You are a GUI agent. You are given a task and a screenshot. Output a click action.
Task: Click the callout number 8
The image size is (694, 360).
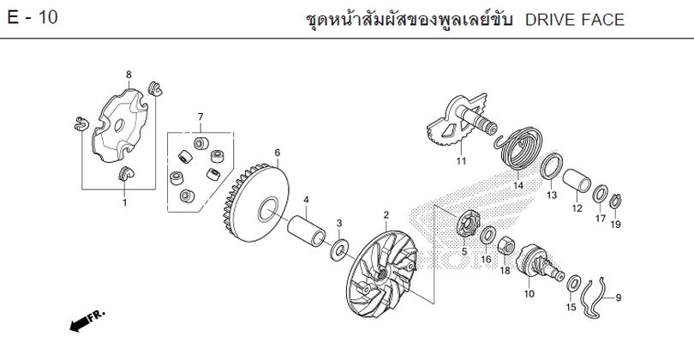point(129,75)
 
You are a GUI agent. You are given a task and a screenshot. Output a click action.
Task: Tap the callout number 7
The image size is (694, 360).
point(200,117)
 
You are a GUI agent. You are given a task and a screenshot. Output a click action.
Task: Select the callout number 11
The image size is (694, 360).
point(462,161)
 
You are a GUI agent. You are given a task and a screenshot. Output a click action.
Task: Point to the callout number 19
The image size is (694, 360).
point(616,225)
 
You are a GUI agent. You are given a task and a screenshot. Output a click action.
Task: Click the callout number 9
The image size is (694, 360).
point(619,297)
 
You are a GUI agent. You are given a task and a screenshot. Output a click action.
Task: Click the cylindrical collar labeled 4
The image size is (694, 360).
point(307,231)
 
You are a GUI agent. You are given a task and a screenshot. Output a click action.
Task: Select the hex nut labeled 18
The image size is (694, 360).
point(506,245)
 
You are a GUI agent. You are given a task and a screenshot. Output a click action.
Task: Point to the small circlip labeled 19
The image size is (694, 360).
point(616,201)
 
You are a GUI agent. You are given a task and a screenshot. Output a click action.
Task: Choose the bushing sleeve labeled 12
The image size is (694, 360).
point(577,180)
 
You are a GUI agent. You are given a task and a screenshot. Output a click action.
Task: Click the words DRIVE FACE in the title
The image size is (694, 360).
point(575,20)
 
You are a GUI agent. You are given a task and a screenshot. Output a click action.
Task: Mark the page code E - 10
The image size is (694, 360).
point(33,18)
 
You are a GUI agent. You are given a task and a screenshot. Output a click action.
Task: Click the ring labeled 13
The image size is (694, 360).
point(552,165)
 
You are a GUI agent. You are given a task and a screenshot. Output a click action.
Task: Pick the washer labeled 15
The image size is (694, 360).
point(574,284)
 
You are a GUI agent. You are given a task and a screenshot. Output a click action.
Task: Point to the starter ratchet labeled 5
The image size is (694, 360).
point(469,224)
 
